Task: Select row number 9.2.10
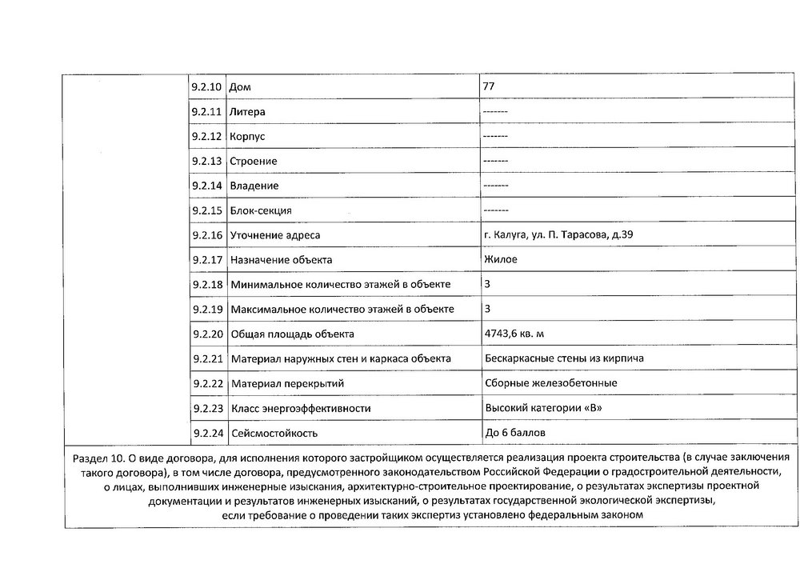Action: pyautogui.click(x=206, y=86)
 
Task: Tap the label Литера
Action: pyautogui.click(x=247, y=111)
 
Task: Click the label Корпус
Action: pyautogui.click(x=247, y=136)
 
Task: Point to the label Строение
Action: pyautogui.click(x=254, y=161)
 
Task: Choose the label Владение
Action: pyautogui.click(x=254, y=186)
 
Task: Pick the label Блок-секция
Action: pyautogui.click(x=261, y=210)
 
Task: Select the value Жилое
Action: pyautogui.click(x=501, y=259)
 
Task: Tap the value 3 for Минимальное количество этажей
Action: pyautogui.click(x=488, y=284)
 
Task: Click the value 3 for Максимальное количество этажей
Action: pyautogui.click(x=488, y=309)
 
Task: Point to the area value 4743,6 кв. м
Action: pyautogui.click(x=519, y=334)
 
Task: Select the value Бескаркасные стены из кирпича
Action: pyautogui.click(x=564, y=358)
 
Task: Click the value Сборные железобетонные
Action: pyautogui.click(x=551, y=383)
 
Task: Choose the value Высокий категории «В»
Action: pyautogui.click(x=543, y=408)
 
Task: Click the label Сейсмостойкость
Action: pyautogui.click(x=274, y=434)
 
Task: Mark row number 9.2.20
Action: pyautogui.click(x=206, y=334)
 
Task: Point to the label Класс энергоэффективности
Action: pyautogui.click(x=301, y=409)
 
